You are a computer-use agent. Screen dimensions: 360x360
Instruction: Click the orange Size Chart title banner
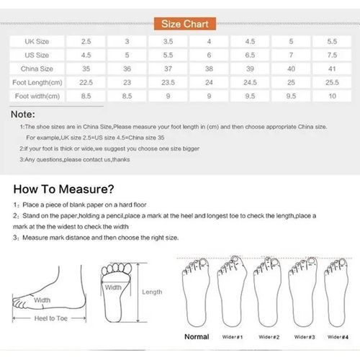tap(180, 23)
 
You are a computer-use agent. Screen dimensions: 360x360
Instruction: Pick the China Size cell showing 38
tap(209, 69)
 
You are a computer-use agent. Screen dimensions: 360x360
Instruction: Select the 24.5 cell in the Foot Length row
tap(250, 82)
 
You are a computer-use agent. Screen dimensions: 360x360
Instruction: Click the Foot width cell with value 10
tap(331, 95)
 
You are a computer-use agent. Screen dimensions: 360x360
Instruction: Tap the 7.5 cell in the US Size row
tap(331, 55)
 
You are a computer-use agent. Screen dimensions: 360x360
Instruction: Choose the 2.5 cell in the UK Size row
tap(86, 42)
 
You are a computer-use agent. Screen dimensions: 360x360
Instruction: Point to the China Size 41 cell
tap(331, 69)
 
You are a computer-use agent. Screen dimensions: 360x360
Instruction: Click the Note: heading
tap(25, 114)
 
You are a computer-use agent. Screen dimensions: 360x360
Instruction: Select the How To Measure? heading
tap(64, 190)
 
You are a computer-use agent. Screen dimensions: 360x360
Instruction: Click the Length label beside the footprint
tap(152, 292)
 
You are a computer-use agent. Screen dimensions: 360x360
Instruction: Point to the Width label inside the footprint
tap(113, 287)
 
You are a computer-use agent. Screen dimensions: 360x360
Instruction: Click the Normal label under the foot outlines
tap(196, 336)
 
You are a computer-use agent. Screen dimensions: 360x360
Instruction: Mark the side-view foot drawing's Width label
tap(42, 300)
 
